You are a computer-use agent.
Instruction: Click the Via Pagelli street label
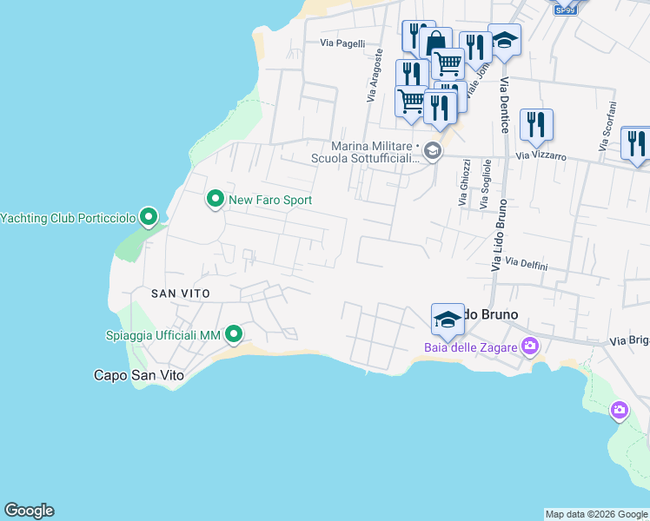(342, 43)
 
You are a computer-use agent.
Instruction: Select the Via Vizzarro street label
(541, 157)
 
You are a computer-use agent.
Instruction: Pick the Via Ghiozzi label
(464, 182)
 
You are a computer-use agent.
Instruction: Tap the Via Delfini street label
(527, 264)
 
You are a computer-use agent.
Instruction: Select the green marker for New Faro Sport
(215, 200)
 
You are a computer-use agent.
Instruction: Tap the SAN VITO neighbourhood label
(181, 293)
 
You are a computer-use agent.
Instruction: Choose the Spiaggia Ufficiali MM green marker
(234, 334)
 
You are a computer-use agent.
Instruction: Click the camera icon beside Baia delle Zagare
(529, 347)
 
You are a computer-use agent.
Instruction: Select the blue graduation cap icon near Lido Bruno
(448, 318)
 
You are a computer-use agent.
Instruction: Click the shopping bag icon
(435, 42)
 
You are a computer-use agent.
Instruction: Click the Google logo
(29, 511)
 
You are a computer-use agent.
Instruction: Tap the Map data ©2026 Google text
(596, 514)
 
